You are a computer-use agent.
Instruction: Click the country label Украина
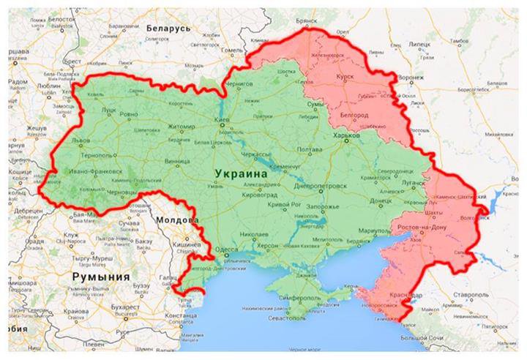242,172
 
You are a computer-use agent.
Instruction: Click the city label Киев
222,119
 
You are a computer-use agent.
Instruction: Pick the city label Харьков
346,135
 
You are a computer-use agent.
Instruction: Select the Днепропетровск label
320,187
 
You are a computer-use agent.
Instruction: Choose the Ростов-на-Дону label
422,229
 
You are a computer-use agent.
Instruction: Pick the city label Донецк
381,199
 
